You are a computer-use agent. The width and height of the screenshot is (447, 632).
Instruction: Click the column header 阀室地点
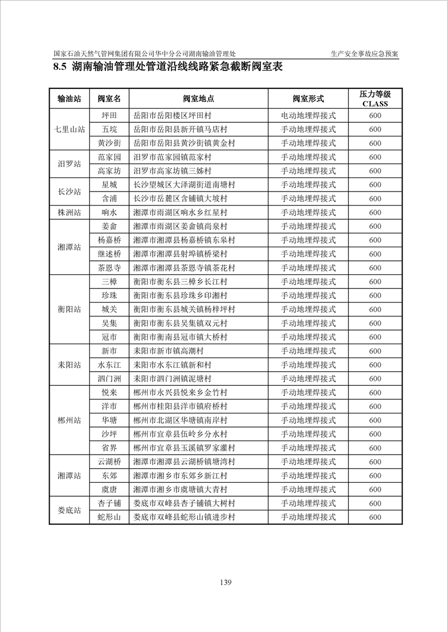tap(198, 99)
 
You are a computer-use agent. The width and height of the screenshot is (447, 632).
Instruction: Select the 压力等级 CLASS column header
tap(375, 99)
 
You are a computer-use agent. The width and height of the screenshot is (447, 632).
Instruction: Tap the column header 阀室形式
tap(308, 99)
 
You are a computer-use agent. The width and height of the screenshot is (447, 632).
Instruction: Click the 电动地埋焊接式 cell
tap(308, 115)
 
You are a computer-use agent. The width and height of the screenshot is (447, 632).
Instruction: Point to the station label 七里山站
tap(69, 130)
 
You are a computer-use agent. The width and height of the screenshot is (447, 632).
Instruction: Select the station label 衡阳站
tap(69, 309)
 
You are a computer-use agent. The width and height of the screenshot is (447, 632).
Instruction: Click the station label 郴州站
tap(69, 420)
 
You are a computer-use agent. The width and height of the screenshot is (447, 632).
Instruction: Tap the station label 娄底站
tap(69, 510)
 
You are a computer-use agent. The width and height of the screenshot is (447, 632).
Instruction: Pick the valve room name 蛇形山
tap(109, 517)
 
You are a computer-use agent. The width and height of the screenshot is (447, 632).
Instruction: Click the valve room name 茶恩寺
tap(109, 268)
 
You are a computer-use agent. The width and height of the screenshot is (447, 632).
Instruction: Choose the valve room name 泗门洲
tap(109, 379)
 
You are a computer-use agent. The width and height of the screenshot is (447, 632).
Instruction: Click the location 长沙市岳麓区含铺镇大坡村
tap(180, 198)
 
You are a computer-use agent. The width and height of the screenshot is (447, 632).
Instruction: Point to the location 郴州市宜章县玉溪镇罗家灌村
tap(184, 448)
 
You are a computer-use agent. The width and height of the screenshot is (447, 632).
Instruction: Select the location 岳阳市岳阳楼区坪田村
tap(172, 115)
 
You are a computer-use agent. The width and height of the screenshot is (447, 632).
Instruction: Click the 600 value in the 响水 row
tap(375, 212)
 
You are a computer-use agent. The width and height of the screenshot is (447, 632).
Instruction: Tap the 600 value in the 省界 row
tap(375, 448)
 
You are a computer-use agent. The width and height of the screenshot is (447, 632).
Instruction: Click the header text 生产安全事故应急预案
tap(365, 54)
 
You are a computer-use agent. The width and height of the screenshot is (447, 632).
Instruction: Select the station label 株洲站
tap(69, 212)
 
